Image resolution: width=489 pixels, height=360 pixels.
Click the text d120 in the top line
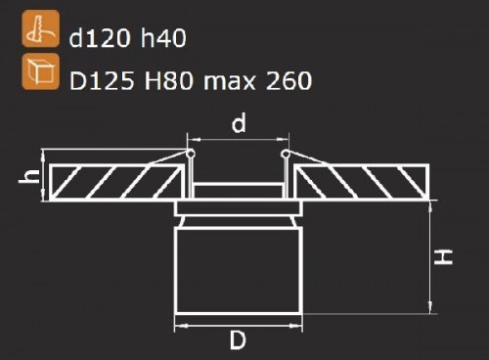point(99,38)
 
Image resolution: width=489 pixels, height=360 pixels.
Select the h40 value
point(163,38)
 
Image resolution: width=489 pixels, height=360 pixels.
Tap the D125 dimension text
point(102,80)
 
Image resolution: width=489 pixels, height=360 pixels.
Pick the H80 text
point(169,80)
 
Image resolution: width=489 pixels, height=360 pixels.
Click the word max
point(229,81)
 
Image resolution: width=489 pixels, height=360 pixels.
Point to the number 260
point(289,80)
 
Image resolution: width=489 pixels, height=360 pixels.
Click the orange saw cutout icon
point(41,28)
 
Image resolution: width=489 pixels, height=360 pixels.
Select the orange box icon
point(41,71)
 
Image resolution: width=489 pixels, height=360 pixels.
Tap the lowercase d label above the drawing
point(239,122)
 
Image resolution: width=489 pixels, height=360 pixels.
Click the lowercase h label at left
point(29,176)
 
